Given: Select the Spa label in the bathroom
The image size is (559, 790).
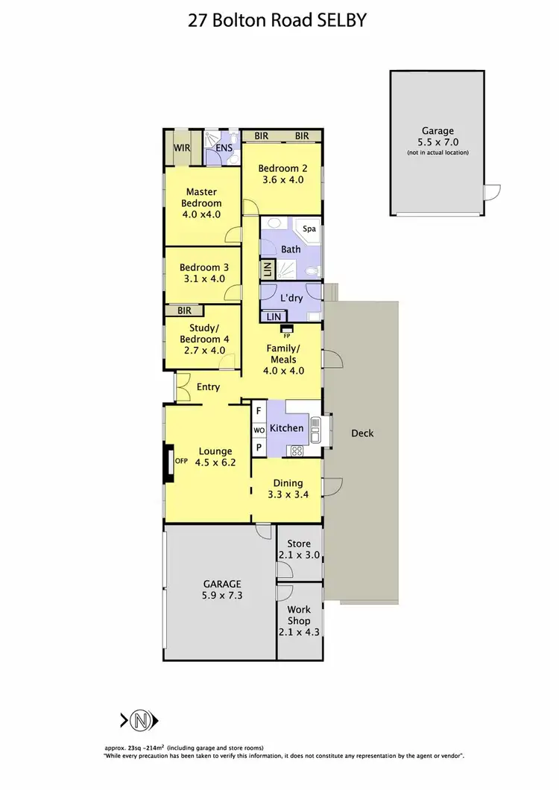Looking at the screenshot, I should [x=309, y=229].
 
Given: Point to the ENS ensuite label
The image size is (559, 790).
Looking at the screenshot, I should [x=224, y=148].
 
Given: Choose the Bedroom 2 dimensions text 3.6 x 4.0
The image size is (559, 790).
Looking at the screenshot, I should [x=281, y=179].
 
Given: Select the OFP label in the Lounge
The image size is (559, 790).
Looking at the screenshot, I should [x=181, y=460].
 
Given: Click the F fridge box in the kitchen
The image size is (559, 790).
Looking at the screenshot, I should [x=259, y=411].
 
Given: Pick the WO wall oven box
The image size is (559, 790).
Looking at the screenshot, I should [x=259, y=430].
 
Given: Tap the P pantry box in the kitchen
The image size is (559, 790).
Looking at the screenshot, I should [x=259, y=447].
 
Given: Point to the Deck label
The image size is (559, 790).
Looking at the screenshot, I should [x=362, y=433].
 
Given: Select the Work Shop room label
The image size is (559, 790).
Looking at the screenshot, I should [x=299, y=615].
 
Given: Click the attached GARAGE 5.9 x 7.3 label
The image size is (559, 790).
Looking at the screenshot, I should [x=221, y=590].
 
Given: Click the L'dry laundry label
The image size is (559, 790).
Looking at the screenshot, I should [x=291, y=298].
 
